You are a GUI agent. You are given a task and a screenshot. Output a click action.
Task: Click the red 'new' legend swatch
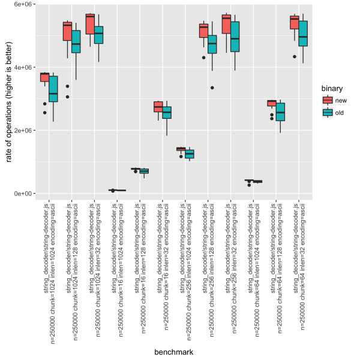(x=328, y=100)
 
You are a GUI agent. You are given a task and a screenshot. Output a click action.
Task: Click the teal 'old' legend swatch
(x=328, y=112)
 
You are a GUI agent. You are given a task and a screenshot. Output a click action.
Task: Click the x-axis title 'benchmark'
(x=173, y=352)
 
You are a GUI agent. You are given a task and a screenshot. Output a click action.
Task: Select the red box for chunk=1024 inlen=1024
(x=44, y=77)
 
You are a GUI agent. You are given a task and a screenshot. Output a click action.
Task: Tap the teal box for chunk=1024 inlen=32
(x=99, y=35)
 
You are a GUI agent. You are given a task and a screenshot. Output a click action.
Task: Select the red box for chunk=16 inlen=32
(x=158, y=106)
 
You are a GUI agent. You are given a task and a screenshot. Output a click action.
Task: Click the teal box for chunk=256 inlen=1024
(x=190, y=154)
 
